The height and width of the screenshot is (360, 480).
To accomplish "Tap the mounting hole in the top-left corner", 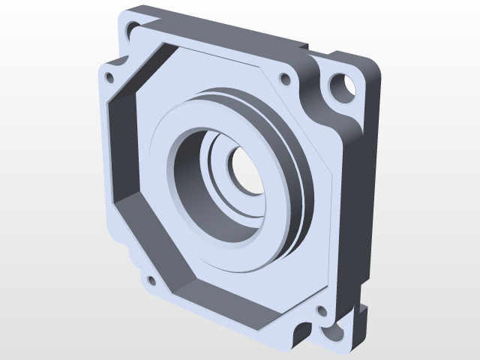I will tap(133, 29).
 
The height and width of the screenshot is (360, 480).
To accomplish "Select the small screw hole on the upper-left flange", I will tap(109, 77).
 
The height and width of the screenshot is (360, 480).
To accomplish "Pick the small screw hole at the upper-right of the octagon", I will tap(284, 78).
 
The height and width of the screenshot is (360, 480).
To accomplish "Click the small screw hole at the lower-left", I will tap(150, 281).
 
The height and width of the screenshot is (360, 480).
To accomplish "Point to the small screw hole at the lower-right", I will tap(322, 310).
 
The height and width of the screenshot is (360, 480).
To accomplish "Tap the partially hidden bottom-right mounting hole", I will tap(330, 331).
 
